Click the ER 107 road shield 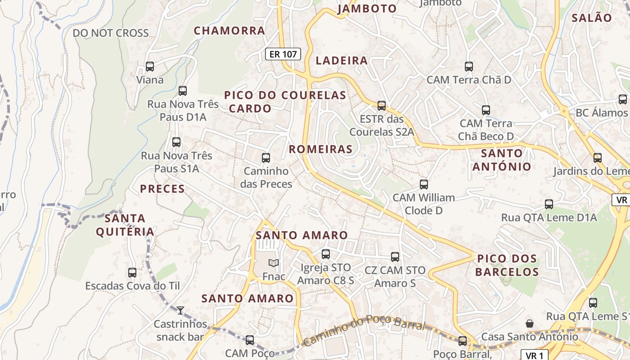283,54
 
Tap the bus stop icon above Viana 150,67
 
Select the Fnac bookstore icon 273,263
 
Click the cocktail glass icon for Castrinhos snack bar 180,310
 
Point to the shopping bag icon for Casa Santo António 530,323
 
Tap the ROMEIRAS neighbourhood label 320,149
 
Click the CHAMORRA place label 229,31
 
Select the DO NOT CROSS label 111,33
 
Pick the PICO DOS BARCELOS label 507,265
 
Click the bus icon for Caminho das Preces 266,158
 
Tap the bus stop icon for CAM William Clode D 423,184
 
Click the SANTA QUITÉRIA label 125,225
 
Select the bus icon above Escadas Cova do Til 132,272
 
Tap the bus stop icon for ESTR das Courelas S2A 382,106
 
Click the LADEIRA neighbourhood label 342,61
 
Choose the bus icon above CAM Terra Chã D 469,67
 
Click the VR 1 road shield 534,355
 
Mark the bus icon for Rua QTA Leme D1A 549,204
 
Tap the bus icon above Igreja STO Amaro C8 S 326,254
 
